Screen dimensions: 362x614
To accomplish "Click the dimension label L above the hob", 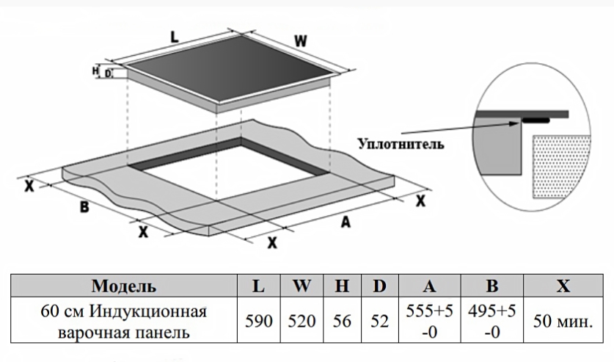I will [x=174, y=35].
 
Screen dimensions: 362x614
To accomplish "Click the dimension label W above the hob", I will [x=301, y=41].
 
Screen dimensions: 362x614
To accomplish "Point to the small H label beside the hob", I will [x=95, y=70].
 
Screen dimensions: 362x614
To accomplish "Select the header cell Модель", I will [x=123, y=286].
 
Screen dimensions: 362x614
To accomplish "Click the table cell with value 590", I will [x=258, y=322].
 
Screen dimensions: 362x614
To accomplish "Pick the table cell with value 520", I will [x=301, y=322].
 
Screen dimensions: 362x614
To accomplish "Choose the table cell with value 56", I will [x=342, y=322].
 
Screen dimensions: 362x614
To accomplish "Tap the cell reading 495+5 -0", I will [x=491, y=322].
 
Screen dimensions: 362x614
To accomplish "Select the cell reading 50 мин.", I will [x=563, y=322].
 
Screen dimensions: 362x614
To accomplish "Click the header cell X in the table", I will [x=563, y=286].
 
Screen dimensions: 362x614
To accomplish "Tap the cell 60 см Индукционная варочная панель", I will [x=123, y=322].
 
